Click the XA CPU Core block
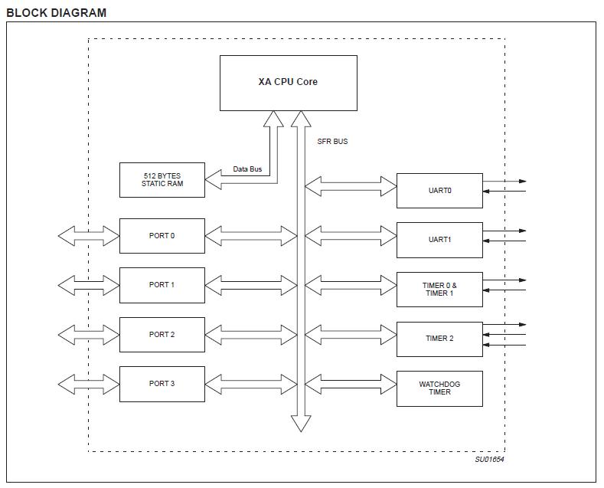point(288,82)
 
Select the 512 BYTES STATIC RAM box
point(162,180)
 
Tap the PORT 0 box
point(162,236)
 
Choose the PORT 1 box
point(162,285)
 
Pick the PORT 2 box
point(162,335)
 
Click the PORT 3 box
point(162,384)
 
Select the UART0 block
point(439,191)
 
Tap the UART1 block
point(439,240)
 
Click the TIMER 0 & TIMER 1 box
point(439,290)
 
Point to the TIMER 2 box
point(439,339)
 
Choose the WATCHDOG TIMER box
point(439,388)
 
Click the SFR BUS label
point(332,142)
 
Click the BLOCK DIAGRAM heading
point(57,12)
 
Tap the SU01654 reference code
point(489,460)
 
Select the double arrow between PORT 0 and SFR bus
point(251,236)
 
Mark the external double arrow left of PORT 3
point(89,384)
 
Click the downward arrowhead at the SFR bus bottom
point(301,424)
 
